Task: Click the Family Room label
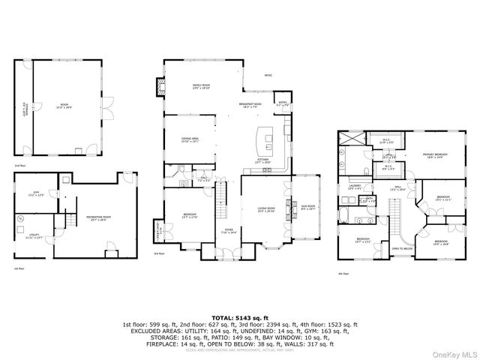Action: tap(201, 87)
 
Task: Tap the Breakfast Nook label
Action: tap(249, 106)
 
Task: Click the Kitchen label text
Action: tap(263, 160)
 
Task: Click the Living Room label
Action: tap(266, 211)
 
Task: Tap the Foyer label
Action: tap(229, 232)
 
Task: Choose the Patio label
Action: tap(268, 76)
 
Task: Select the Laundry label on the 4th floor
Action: tap(355, 187)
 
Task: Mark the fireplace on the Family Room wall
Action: tap(159, 88)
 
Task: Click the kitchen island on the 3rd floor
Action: tap(265, 138)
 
